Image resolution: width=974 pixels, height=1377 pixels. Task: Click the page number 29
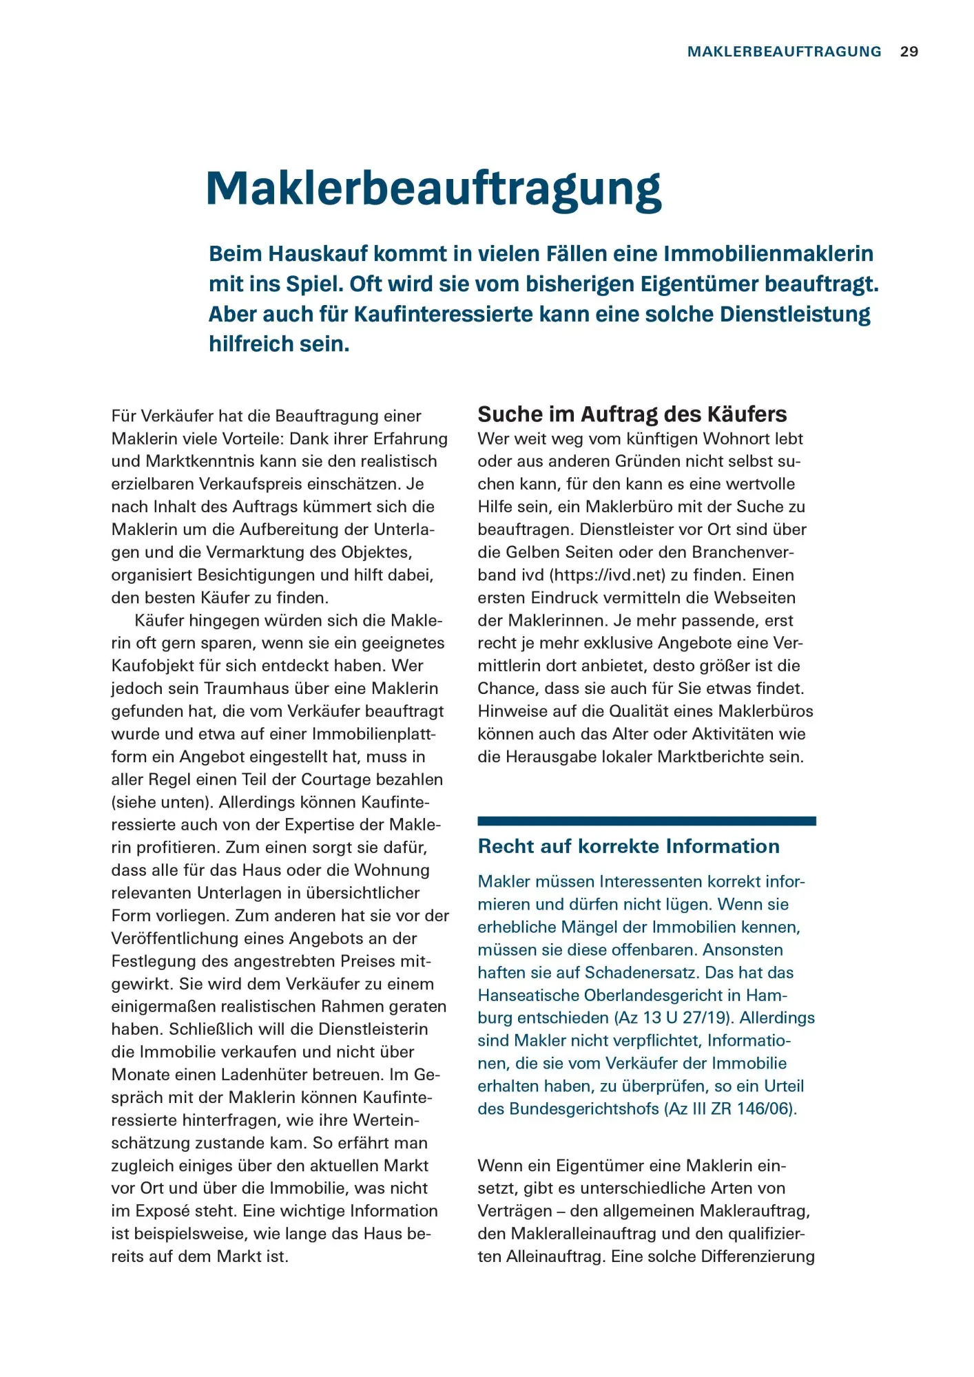[x=909, y=52]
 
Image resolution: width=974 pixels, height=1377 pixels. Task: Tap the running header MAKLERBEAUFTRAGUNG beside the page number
[x=784, y=52]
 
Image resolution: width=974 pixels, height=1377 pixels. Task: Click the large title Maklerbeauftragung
[x=433, y=189]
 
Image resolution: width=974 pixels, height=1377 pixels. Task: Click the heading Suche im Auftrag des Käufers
[x=632, y=414]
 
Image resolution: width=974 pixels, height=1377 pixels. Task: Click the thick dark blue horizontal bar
[x=646, y=821]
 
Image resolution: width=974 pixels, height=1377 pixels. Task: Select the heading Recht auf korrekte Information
[x=628, y=846]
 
